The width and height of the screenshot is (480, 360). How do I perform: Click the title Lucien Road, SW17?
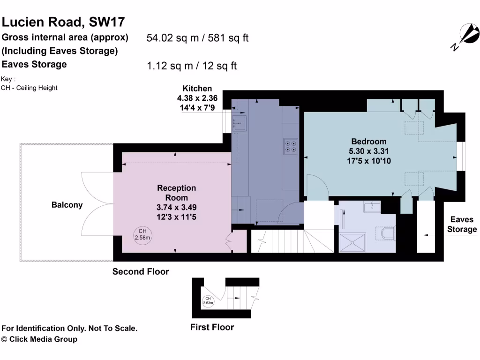tap(63, 22)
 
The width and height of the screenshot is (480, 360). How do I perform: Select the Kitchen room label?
tap(197, 88)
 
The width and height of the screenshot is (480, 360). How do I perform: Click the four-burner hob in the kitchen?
tap(290, 146)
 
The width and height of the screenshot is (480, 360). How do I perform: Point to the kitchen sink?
tap(240, 124)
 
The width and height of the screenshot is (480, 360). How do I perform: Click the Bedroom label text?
tap(369, 141)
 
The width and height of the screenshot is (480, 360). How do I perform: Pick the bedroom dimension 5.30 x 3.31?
tap(369, 151)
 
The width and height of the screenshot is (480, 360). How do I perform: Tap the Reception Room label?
tap(176, 193)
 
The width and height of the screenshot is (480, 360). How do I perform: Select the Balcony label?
tap(67, 205)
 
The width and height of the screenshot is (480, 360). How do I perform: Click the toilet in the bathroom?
tap(388, 233)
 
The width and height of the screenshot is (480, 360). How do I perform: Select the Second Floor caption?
tap(141, 271)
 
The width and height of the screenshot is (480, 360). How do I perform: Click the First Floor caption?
tap(212, 327)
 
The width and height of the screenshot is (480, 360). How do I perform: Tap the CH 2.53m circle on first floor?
tap(208, 301)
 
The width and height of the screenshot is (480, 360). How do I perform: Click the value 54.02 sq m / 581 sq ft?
tap(197, 38)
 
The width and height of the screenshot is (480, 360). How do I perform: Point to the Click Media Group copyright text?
tap(39, 339)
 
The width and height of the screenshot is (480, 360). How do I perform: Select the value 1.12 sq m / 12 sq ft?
tap(192, 66)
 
